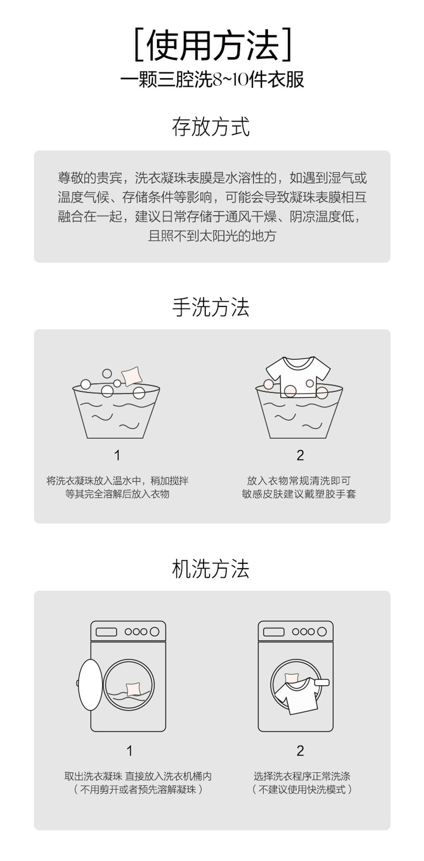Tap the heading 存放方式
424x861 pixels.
click(x=211, y=127)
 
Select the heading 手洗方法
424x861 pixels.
click(x=211, y=308)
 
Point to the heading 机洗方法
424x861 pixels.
click(x=211, y=569)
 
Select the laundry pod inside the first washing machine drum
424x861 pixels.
click(x=134, y=689)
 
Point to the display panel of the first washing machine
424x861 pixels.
click(x=106, y=632)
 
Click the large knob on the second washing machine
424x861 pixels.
click(x=322, y=632)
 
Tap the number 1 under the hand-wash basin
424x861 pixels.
click(x=117, y=456)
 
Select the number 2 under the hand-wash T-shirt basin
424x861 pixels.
click(x=300, y=456)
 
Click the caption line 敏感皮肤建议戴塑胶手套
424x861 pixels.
click(x=299, y=494)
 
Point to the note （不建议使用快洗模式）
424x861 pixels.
click(x=302, y=789)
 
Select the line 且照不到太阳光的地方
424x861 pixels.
click(x=212, y=236)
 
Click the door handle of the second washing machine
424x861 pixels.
click(x=322, y=682)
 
